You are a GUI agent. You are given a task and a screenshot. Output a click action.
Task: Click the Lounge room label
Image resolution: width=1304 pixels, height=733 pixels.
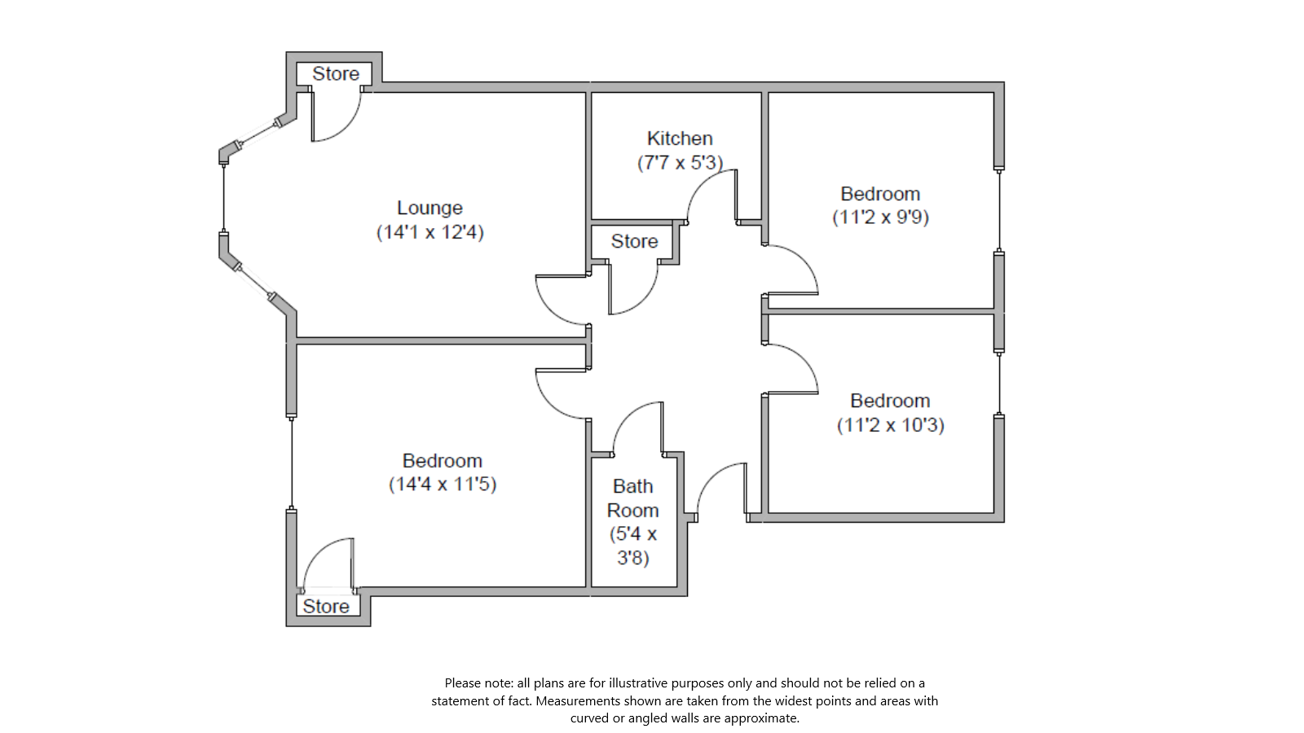pos(430,208)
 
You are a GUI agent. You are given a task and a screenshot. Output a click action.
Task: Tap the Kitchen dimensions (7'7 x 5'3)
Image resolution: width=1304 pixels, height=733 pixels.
pos(680,163)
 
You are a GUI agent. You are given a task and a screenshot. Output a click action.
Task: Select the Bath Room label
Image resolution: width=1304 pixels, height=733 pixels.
pos(632,498)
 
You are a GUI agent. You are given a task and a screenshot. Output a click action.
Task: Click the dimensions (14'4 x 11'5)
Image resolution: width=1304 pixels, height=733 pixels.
pos(442,485)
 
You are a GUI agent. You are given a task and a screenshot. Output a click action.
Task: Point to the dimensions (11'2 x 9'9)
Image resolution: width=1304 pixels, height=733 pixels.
pos(880,217)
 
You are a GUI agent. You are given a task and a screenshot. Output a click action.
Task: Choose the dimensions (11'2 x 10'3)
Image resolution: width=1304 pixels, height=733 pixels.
pos(890,425)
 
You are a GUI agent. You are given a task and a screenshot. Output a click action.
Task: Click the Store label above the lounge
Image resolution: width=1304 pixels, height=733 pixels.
pos(335,74)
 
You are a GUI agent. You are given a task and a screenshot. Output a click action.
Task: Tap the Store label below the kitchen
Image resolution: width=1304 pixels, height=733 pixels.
pos(634,242)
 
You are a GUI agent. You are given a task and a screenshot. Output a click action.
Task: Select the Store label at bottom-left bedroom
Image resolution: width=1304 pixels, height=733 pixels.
pos(325,607)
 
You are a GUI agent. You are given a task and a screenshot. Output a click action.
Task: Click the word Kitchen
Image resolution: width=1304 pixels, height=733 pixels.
pos(680,139)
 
